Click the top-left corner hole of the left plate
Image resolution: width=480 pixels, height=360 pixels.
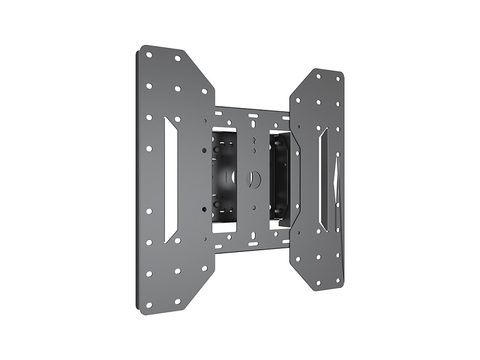(149, 54)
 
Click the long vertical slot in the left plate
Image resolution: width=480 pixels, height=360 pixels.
(170, 179)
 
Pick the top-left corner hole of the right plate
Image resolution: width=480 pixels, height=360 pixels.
(317, 76)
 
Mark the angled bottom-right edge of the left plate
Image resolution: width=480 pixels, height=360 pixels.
(201, 282)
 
